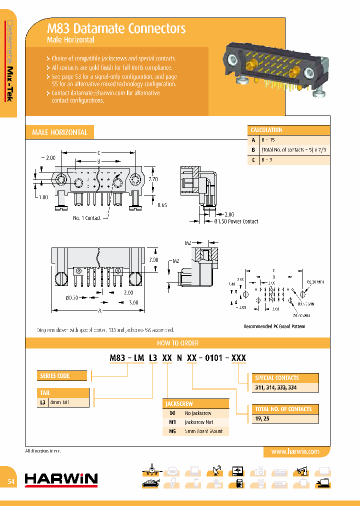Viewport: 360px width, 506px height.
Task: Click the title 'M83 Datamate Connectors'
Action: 116,28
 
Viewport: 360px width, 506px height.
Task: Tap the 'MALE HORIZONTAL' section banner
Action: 59,132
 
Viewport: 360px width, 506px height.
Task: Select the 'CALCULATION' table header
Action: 266,130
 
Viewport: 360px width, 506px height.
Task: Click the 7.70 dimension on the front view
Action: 153,178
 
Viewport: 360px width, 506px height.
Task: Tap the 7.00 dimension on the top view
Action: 154,260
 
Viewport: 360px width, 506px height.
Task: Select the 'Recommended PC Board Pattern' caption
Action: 274,326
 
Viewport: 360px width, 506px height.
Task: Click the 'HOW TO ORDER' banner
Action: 177,343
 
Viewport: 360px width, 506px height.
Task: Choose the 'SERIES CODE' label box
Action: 55,375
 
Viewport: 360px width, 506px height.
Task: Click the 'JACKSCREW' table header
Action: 179,403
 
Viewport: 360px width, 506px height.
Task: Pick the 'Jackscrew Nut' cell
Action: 198,422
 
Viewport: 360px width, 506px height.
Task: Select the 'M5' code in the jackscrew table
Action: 172,431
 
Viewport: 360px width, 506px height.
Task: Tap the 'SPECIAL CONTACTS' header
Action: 277,378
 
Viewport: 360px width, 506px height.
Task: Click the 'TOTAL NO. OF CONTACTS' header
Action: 283,409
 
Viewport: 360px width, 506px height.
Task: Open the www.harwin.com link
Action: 295,451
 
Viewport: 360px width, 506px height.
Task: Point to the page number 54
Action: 11,481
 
